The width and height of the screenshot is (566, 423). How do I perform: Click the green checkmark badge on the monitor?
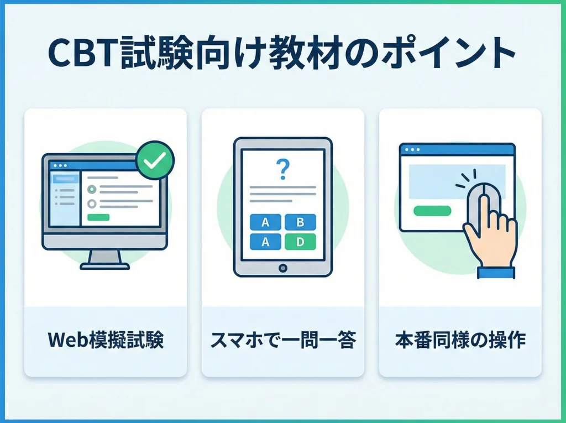[x=155, y=160]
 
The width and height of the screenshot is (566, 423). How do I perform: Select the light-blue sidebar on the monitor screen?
[x=65, y=199]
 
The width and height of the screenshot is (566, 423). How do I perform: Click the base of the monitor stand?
[x=105, y=266]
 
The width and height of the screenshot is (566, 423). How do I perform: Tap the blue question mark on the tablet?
[x=282, y=170]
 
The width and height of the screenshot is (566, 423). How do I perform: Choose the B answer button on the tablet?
[x=300, y=222]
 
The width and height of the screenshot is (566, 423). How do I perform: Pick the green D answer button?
[x=300, y=242]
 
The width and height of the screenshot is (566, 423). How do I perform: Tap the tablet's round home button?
[x=282, y=268]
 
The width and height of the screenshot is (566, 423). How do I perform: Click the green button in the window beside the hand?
[x=432, y=210]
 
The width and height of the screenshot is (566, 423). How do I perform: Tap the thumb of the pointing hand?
[x=471, y=235]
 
